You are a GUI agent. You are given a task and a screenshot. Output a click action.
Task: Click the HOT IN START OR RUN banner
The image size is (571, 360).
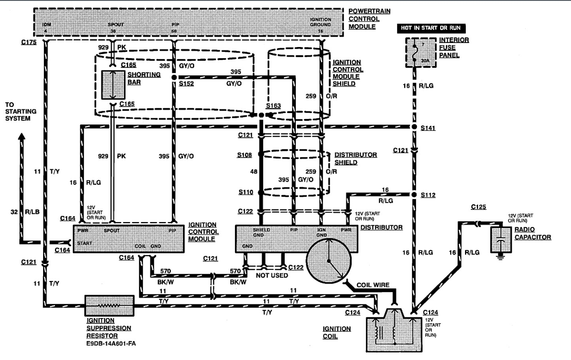pos(431,28)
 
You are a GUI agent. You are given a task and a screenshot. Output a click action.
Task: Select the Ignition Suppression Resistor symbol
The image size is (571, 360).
pos(110,306)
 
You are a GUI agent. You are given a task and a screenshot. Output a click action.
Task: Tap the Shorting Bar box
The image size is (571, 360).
pos(113,85)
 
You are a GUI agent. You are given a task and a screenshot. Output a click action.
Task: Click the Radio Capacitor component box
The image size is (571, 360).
pos(501,239)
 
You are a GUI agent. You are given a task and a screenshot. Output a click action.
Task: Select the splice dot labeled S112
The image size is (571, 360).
pos(414,195)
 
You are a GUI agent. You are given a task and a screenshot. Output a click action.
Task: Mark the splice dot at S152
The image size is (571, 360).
pos(174,78)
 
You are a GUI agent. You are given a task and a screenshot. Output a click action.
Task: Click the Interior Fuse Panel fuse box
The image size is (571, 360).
pos(420,53)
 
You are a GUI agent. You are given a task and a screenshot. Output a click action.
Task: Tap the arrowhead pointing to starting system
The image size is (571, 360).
pos(22,137)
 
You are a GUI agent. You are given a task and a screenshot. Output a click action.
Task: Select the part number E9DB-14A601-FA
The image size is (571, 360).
pos(111,343)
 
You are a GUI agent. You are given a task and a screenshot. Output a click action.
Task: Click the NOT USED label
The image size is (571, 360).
pos(272,275)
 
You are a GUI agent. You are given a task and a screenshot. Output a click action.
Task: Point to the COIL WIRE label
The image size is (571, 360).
pos(372,285)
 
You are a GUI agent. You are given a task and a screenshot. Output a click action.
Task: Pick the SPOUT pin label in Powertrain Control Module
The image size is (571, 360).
pos(115,25)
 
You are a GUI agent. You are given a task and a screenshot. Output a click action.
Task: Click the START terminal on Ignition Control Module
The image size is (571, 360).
pos(84,243)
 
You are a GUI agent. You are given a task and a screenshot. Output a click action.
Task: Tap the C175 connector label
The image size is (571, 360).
pos(29,41)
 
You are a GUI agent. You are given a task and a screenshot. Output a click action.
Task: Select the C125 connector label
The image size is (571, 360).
pos(478,207)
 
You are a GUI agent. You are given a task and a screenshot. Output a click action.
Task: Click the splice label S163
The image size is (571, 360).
pos(273,106)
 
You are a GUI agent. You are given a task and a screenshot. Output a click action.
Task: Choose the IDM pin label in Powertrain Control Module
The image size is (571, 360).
pos(46,25)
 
